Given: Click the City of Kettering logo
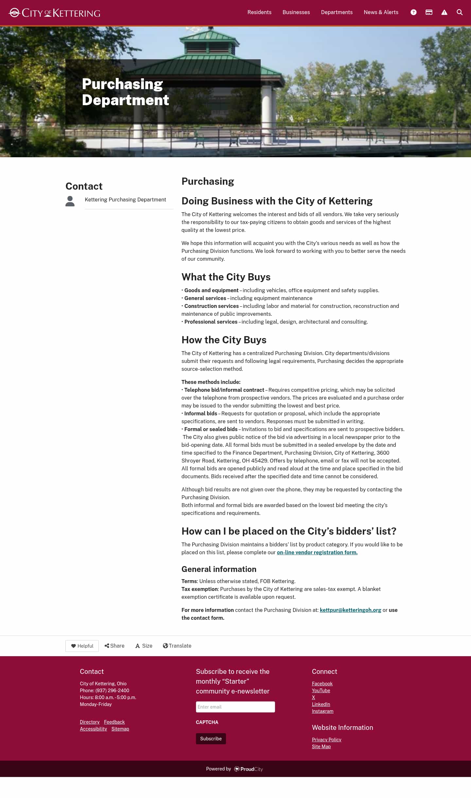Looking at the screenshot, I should (x=54, y=13).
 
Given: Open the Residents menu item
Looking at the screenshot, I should (x=259, y=12).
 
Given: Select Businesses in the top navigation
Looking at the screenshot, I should (x=296, y=12).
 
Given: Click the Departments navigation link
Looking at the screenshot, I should (x=337, y=12).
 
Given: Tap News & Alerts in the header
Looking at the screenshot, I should (x=381, y=12).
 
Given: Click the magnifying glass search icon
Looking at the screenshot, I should (x=460, y=12).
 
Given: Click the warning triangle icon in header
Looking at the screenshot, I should (x=444, y=12).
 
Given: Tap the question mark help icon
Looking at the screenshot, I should (x=413, y=12).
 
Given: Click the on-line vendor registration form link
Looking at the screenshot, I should (x=317, y=552).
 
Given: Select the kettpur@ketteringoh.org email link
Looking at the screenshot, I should (x=350, y=610).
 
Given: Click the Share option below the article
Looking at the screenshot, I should (x=114, y=646).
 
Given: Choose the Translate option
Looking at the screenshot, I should (x=177, y=646).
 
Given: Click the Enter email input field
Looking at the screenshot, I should (x=235, y=707).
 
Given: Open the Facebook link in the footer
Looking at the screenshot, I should (x=322, y=684).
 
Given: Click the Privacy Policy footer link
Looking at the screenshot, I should (x=326, y=740).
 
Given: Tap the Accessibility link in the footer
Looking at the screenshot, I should (x=93, y=729).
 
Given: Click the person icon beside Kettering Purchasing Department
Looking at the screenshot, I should (x=70, y=201).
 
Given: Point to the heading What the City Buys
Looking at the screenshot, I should (x=226, y=277).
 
